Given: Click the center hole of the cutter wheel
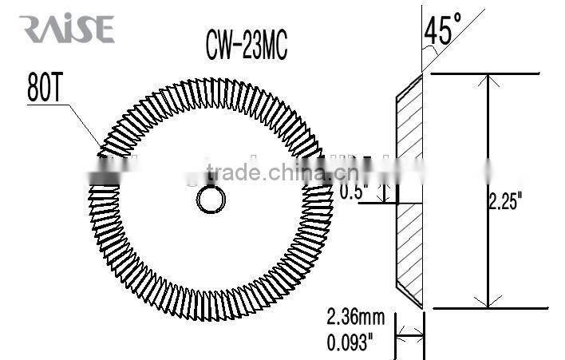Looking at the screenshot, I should point(211,200).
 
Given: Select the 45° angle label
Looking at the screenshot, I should point(441,30).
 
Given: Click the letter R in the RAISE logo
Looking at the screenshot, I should point(32,30).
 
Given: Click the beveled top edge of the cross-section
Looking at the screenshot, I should point(409,87).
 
